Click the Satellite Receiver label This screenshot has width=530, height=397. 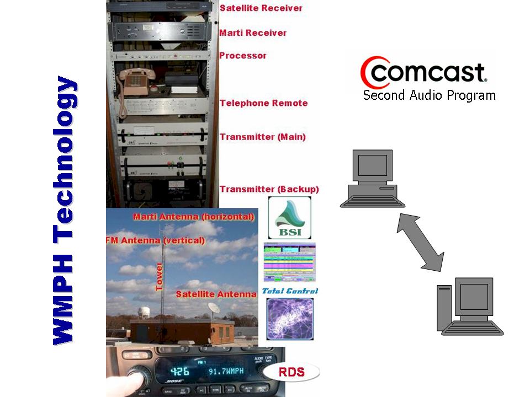click(261, 8)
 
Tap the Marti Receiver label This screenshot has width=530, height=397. click(253, 33)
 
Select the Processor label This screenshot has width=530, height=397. click(243, 56)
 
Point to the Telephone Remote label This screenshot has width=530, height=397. click(263, 103)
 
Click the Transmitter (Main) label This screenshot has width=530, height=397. click(262, 137)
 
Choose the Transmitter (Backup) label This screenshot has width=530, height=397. click(269, 189)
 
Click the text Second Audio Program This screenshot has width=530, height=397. click(429, 95)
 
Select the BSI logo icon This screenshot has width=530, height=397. click(289, 218)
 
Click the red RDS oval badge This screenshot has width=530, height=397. click(291, 372)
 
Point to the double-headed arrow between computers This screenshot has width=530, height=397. click(420, 243)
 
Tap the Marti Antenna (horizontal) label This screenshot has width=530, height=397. click(193, 217)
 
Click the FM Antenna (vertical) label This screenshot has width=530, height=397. click(155, 240)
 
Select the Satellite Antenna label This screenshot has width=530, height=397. click(216, 294)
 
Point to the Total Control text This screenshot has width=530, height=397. click(290, 291)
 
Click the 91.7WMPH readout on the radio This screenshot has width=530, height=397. click(225, 372)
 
